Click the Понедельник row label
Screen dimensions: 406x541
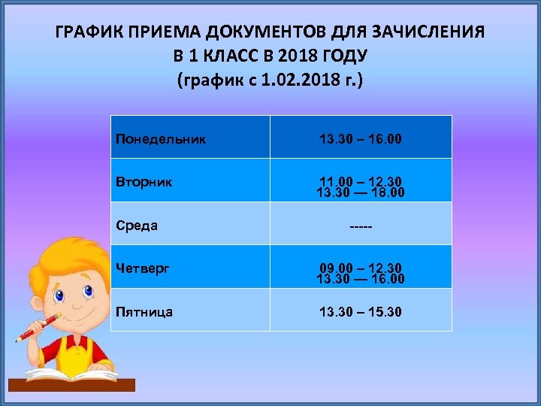[x=161, y=139]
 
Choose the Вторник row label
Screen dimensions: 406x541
[x=144, y=182]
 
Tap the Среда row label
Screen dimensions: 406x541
[x=137, y=225]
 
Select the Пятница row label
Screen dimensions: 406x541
[x=144, y=311]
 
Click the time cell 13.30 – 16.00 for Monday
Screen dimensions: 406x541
[x=361, y=139]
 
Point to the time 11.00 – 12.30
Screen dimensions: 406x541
[x=361, y=181]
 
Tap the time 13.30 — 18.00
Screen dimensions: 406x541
[x=361, y=193]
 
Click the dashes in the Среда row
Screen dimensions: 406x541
[x=361, y=225]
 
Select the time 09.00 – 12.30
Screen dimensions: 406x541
[x=361, y=268]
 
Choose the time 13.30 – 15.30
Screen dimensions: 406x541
[x=361, y=311]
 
